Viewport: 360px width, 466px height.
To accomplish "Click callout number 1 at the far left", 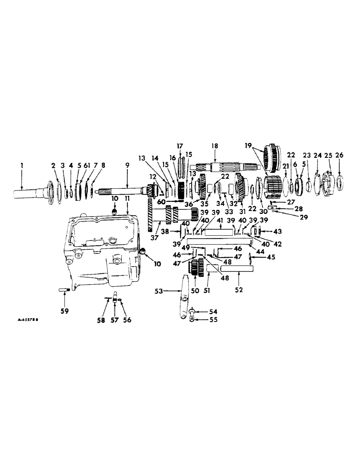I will (x=21, y=164).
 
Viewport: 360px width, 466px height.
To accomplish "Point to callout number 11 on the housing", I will (x=127, y=199).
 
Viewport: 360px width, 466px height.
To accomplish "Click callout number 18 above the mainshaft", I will (x=214, y=146).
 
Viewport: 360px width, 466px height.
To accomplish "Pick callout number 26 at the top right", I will (x=339, y=155).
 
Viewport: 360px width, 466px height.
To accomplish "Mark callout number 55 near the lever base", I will (x=201, y=320).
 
